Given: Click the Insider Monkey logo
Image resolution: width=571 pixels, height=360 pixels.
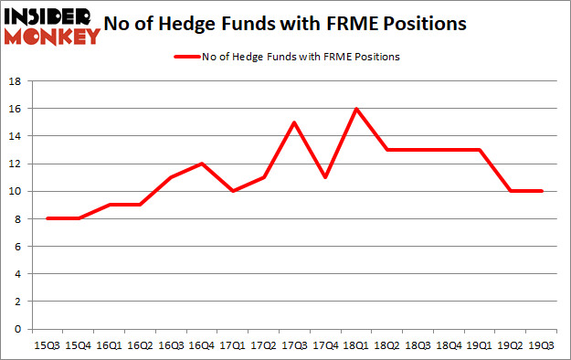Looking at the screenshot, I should (x=53, y=25).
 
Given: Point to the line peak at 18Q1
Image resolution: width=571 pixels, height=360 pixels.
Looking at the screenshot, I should (x=356, y=109).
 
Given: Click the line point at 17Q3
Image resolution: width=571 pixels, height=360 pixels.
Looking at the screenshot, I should (x=294, y=122).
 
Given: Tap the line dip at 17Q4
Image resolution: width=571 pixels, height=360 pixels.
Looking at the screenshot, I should (x=325, y=177).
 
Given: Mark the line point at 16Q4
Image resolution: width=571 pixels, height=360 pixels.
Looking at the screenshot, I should (x=201, y=164).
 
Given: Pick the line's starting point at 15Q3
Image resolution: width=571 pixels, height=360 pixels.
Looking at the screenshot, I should (x=47, y=218).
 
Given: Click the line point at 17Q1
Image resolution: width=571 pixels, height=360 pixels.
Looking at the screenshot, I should (x=232, y=191).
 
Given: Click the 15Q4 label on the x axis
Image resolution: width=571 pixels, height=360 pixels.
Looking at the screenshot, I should (x=78, y=346).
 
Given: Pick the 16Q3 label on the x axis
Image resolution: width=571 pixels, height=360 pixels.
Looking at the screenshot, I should (x=170, y=346).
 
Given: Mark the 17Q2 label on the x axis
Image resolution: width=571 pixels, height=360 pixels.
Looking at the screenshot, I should (x=263, y=346).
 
